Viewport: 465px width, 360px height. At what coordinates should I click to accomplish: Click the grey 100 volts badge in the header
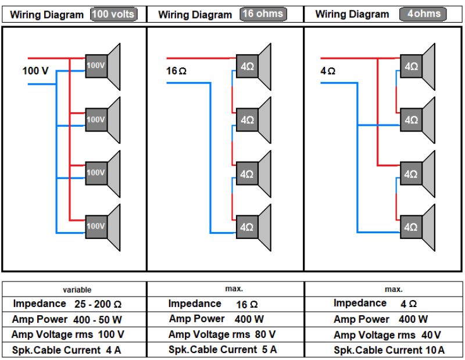[x=114, y=14]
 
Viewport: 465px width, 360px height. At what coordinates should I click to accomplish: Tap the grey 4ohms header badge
[x=420, y=13]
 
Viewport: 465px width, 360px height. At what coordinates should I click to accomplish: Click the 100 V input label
[x=35, y=71]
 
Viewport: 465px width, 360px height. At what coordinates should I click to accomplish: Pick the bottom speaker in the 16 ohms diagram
[x=253, y=227]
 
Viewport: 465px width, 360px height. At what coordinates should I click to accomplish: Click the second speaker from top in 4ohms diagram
[x=417, y=120]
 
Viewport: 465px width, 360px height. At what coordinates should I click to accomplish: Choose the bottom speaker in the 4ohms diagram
[x=417, y=227]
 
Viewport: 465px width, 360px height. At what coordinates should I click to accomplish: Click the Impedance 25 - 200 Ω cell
[x=67, y=304]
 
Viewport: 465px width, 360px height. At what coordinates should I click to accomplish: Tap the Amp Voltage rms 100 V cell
[x=67, y=334]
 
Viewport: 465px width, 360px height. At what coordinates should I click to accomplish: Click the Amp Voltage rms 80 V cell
[x=221, y=334]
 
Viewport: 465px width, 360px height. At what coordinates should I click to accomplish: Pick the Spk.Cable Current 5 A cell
[x=222, y=350]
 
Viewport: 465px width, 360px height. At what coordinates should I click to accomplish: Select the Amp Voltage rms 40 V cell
[x=387, y=335]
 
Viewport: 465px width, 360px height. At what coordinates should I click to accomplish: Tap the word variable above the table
[x=77, y=289]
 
